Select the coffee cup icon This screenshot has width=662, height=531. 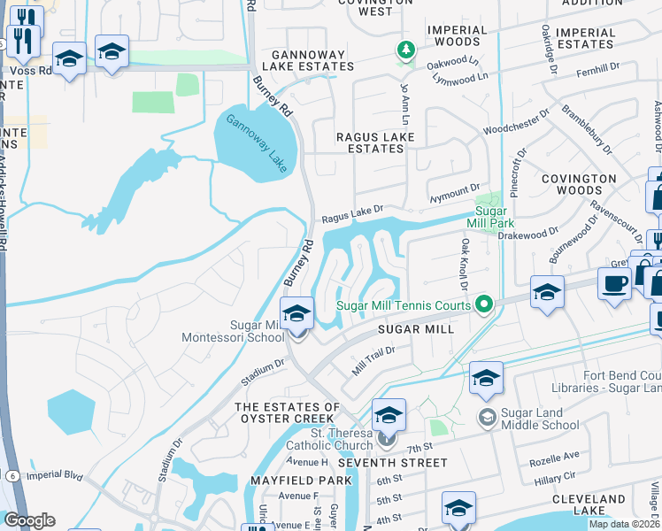click(x=614, y=284)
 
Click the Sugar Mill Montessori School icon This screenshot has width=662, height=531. click(x=297, y=314)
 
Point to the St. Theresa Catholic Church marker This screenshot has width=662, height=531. click(x=384, y=437)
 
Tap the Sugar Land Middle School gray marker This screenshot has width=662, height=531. click(x=487, y=416)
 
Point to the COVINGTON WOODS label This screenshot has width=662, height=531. click(x=579, y=184)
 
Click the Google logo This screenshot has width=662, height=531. click(x=29, y=520)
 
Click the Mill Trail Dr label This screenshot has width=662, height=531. click(x=373, y=360)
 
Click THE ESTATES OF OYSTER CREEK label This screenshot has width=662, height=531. click(x=287, y=413)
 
